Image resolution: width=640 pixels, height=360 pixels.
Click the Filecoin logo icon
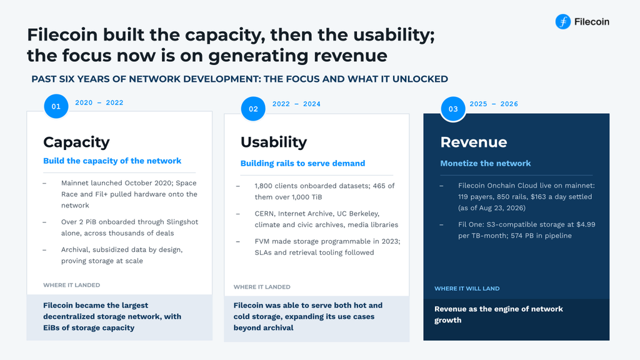(563, 22)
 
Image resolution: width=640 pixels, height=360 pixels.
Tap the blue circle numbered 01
(56, 106)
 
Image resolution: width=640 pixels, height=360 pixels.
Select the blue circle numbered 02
(253, 109)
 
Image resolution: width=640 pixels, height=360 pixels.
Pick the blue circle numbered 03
(453, 109)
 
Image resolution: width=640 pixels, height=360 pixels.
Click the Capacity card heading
(76, 142)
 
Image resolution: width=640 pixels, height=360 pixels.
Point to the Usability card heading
(274, 142)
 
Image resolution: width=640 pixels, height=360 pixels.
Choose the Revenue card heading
(474, 142)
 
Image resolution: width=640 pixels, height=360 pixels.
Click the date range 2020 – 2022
(99, 103)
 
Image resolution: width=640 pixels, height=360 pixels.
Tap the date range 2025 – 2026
(494, 104)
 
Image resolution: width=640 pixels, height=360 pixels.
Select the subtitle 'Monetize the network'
(485, 163)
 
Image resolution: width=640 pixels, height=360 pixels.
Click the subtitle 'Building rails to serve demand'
(302, 163)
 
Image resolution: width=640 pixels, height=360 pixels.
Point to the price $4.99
(586, 224)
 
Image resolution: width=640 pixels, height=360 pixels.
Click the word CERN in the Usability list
(264, 214)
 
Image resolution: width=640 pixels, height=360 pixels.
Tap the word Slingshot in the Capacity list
(182, 222)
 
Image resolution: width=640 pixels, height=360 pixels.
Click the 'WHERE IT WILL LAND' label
(467, 289)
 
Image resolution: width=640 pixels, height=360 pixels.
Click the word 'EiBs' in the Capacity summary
(51, 327)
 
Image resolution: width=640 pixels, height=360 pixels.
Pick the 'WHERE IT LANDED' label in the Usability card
(262, 287)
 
